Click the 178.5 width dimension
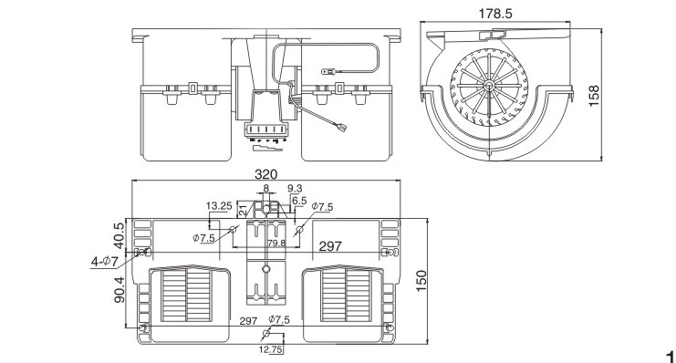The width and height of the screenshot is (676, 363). tap(495, 14)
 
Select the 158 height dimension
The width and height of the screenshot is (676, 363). tap(594, 96)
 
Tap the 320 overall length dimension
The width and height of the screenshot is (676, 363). tap(265, 174)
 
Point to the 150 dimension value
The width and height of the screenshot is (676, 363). tap(421, 281)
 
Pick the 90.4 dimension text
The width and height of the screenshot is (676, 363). tap(119, 289)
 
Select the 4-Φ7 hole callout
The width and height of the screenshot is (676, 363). tap(104, 261)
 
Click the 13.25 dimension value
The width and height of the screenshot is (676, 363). tap(219, 205)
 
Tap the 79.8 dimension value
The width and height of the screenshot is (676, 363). tap(276, 244)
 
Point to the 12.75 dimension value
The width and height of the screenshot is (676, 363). tap(271, 349)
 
